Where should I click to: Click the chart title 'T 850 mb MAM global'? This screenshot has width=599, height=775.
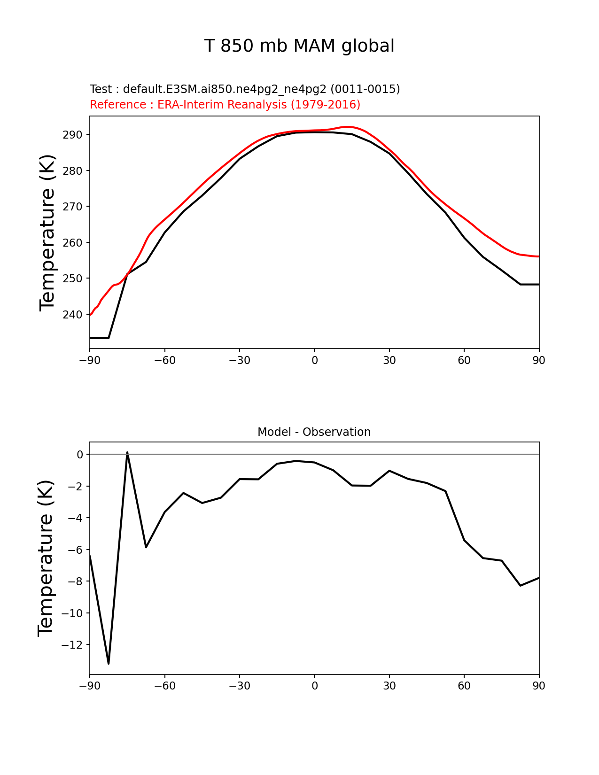pyautogui.click(x=299, y=46)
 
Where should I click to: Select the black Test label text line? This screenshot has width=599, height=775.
pyautogui.click(x=245, y=89)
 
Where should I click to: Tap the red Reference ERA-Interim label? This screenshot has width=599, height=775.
pyautogui.click(x=225, y=105)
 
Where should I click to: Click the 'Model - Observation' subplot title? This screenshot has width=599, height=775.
pyautogui.click(x=314, y=432)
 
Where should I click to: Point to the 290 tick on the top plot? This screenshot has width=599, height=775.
pyautogui.click(x=72, y=135)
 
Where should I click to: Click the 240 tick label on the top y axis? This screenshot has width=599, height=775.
pyautogui.click(x=72, y=315)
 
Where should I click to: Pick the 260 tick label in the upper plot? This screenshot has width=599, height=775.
pyautogui.click(x=72, y=243)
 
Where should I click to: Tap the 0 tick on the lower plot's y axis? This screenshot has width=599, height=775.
pyautogui.click(x=80, y=455)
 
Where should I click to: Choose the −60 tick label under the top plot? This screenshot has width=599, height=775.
pyautogui.click(x=164, y=360)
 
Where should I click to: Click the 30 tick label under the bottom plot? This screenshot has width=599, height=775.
pyautogui.click(x=389, y=686)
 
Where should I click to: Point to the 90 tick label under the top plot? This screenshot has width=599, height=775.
pyautogui.click(x=539, y=360)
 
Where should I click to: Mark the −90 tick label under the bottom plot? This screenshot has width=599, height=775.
pyautogui.click(x=90, y=686)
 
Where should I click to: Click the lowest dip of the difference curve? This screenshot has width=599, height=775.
pyautogui.click(x=109, y=663)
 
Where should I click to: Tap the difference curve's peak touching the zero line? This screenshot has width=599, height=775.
pyautogui.click(x=127, y=453)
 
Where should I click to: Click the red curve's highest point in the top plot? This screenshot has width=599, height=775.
pyautogui.click(x=347, y=127)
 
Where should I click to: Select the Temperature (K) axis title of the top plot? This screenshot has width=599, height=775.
pyautogui.click(x=47, y=232)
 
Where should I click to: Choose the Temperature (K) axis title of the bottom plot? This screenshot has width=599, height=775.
pyautogui.click(x=46, y=558)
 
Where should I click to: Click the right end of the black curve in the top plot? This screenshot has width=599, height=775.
pyautogui.click(x=538, y=284)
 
